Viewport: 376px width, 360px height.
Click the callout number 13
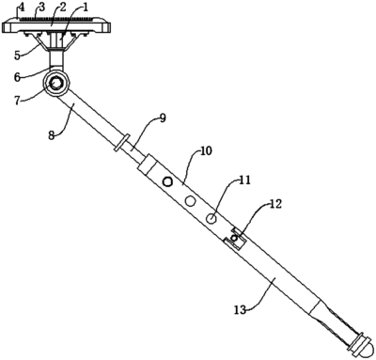[x=240, y=310]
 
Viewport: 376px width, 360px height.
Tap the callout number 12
[x=276, y=204]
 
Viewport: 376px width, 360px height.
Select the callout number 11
[x=244, y=180]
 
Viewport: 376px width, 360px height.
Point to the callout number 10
[x=207, y=150]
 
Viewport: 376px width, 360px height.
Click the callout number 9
[x=163, y=118]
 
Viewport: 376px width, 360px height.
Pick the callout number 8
[x=52, y=136]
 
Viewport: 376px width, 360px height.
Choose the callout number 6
[x=17, y=77]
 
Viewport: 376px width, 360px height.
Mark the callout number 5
[x=18, y=55]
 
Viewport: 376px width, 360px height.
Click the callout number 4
[x=21, y=7]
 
